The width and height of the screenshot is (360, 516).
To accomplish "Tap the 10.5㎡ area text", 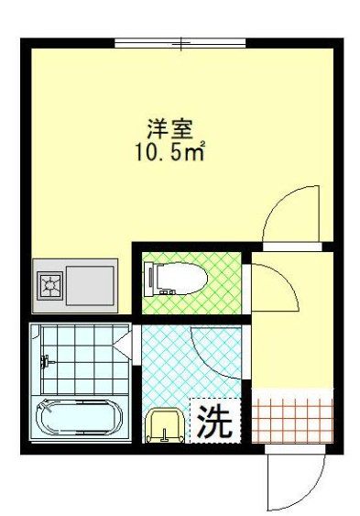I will point(170,149).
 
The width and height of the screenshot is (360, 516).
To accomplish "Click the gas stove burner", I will point(48,287).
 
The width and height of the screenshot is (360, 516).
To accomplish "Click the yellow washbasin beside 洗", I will point(165,425).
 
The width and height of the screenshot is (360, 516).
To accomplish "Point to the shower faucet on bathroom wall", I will point(46,361).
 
